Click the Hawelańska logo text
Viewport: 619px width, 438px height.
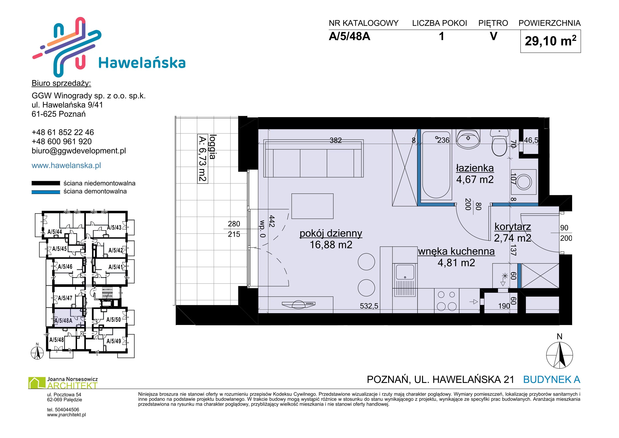pyautogui.click(x=142, y=63)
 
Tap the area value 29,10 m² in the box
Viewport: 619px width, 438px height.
pyautogui.click(x=550, y=41)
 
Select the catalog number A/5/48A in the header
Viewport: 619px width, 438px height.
pyautogui.click(x=349, y=36)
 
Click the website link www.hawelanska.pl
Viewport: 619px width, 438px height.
pyautogui.click(x=66, y=165)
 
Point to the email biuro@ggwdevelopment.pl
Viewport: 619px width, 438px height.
pyautogui.click(x=79, y=151)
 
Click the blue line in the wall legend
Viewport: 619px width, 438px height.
pyautogui.click(x=46, y=192)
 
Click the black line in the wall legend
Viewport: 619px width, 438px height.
pyautogui.click(x=46, y=183)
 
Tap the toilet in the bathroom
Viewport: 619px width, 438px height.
pyautogui.click(x=499, y=143)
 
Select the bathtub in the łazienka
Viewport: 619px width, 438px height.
pyautogui.click(x=436, y=165)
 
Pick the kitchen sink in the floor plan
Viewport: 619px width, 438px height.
pyautogui.click(x=405, y=279)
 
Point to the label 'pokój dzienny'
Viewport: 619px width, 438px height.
pyautogui.click(x=331, y=233)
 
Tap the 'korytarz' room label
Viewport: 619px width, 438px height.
pyautogui.click(x=513, y=227)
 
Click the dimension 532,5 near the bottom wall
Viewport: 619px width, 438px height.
pyautogui.click(x=369, y=306)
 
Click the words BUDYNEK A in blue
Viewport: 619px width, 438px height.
pyautogui.click(x=552, y=380)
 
